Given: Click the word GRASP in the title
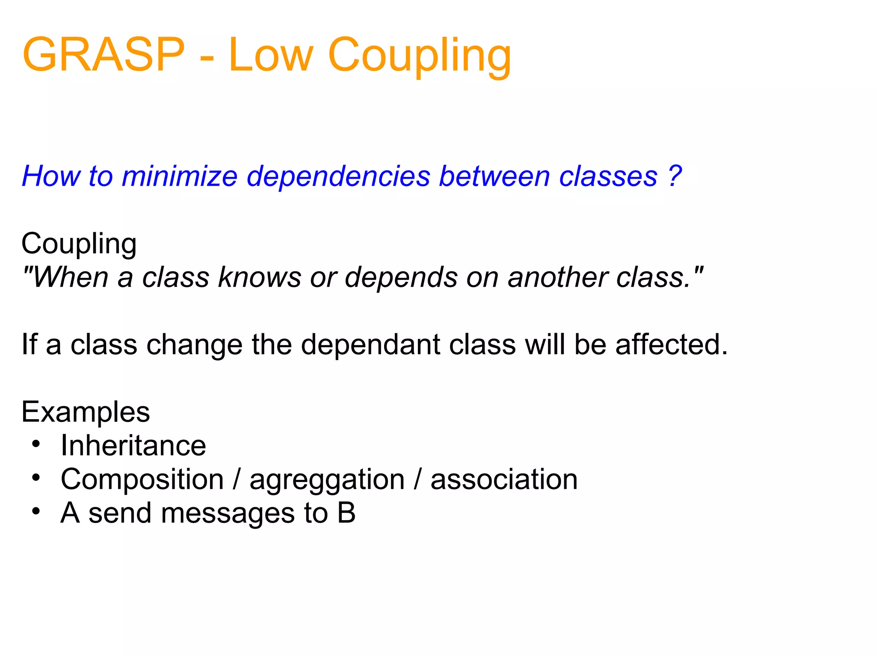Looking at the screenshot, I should coord(104,55).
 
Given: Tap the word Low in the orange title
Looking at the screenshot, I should coord(271,55).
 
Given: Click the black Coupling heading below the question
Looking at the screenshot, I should coord(79,244).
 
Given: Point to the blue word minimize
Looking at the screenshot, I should coord(179,176).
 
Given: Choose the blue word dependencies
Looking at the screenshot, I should coord(338,176).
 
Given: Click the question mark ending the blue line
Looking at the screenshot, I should coord(675,176).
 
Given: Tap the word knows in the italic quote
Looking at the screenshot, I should coord(260,277).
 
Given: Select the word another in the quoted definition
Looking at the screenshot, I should coord(557,277).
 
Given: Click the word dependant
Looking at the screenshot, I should coord(370,344).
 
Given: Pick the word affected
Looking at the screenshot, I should coord(672,344).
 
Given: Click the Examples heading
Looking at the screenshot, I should coord(86,412).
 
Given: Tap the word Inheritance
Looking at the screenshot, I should coord(133,445).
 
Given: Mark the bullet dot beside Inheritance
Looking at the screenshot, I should coord(36,444).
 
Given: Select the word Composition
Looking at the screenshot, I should coord(142,479).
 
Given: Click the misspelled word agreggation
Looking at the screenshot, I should coord(327,480).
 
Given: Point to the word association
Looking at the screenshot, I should coord(504,479).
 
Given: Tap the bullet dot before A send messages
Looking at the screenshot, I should coord(36,511).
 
